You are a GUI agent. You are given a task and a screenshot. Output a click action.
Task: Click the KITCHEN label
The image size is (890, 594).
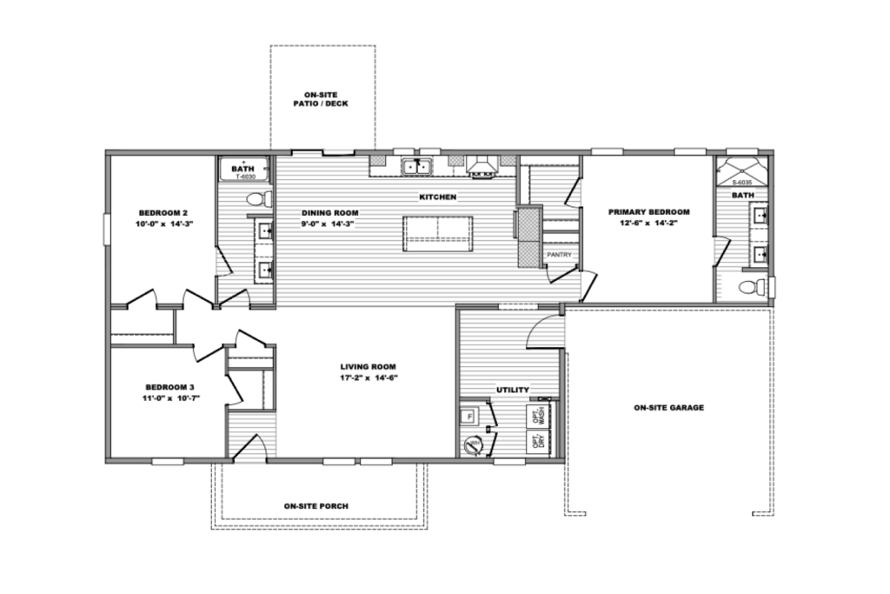(x=437, y=197)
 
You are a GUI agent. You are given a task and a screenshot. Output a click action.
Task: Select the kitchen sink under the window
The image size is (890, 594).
(x=417, y=165)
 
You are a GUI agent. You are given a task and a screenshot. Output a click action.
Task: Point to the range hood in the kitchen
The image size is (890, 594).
(x=481, y=165)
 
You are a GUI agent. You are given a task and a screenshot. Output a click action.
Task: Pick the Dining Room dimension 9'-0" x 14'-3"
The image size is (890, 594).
(x=329, y=224)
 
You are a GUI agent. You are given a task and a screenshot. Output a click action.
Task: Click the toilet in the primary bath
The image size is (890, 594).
(x=750, y=286)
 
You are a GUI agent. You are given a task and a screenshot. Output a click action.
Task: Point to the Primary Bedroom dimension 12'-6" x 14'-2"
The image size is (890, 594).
(x=648, y=224)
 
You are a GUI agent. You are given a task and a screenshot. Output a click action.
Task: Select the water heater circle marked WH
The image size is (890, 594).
(x=474, y=446)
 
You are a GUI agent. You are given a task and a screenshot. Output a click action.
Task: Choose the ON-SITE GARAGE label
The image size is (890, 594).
(x=668, y=407)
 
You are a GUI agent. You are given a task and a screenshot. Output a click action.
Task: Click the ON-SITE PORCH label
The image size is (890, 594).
(x=316, y=505)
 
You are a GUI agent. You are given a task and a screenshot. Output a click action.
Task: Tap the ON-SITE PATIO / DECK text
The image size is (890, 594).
(x=322, y=98)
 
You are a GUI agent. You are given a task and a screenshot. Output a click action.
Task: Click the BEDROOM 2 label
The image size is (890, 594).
(x=163, y=212)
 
